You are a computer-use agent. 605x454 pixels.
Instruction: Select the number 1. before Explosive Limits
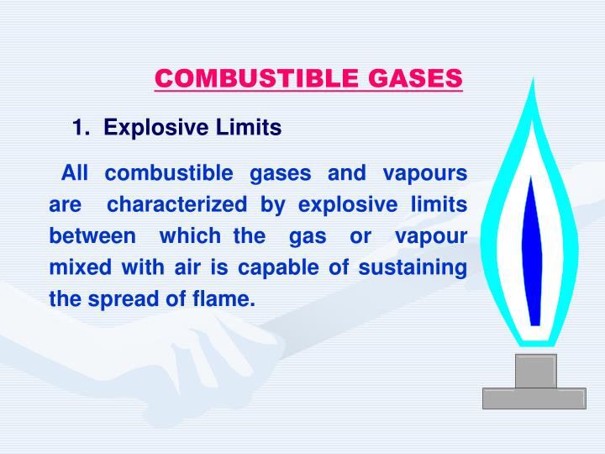(x=82, y=129)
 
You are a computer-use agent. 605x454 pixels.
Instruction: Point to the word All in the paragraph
(x=75, y=174)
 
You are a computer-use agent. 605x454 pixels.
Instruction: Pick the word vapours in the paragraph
(x=424, y=174)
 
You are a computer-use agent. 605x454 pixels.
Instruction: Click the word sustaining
(x=414, y=267)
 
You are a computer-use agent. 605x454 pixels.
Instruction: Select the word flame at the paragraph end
(x=225, y=298)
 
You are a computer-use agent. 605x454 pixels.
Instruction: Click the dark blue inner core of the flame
(x=532, y=252)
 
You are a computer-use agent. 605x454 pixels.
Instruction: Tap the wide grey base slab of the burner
(x=534, y=398)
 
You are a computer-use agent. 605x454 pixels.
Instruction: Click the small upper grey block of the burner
(x=536, y=371)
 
